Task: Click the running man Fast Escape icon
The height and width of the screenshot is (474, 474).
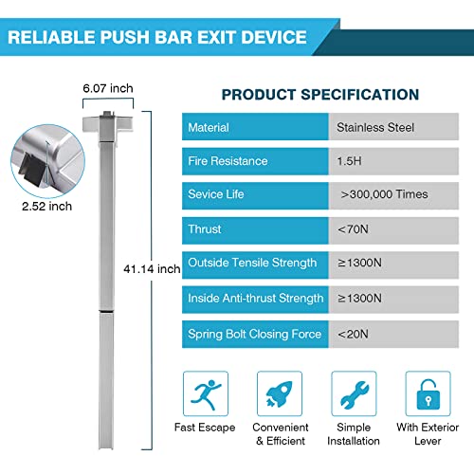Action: click(x=206, y=393)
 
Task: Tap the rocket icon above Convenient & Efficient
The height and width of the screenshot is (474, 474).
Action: click(x=280, y=393)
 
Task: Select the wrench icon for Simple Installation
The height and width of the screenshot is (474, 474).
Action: click(x=354, y=393)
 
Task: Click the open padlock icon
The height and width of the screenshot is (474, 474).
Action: click(x=428, y=393)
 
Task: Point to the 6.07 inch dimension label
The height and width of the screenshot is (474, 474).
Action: click(x=108, y=88)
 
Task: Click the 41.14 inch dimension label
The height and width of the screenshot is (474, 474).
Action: click(x=152, y=269)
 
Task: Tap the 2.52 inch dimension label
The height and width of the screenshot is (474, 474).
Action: click(x=46, y=207)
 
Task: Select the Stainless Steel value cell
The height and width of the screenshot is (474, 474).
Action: click(x=393, y=127)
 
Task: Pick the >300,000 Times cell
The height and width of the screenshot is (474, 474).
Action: click(x=393, y=195)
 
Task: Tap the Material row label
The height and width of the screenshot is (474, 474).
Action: click(x=209, y=128)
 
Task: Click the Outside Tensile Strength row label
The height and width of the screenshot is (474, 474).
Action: click(x=252, y=263)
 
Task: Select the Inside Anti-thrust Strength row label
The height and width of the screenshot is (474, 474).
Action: click(x=256, y=299)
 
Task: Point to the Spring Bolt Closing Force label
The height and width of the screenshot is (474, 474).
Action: click(x=254, y=335)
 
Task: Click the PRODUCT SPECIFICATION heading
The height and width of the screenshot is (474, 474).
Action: click(x=320, y=95)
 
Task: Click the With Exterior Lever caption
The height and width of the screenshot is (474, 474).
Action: click(x=428, y=434)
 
